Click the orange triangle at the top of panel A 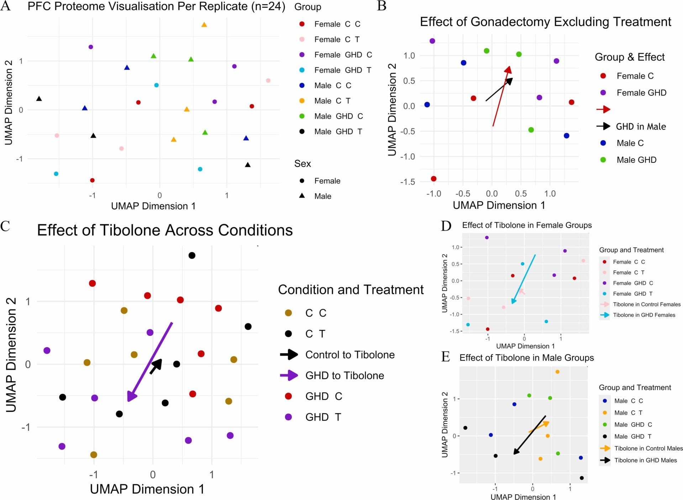pyautogui.click(x=204, y=25)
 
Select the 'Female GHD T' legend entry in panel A pyautogui.click(x=342, y=70)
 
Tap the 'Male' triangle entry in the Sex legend pyautogui.click(x=322, y=196)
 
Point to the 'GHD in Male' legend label pyautogui.click(x=641, y=126)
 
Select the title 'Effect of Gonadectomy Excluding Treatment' pyautogui.click(x=545, y=22)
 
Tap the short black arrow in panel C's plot pyautogui.click(x=156, y=366)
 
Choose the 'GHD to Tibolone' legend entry pyautogui.click(x=344, y=375)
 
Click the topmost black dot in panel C pyautogui.click(x=192, y=255)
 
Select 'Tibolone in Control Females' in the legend pyautogui.click(x=646, y=304)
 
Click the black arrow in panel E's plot pyautogui.click(x=530, y=435)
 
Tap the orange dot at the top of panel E pyautogui.click(x=557, y=372)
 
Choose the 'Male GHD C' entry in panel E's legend pyautogui.click(x=633, y=425)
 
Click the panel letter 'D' pyautogui.click(x=446, y=226)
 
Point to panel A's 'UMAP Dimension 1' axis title pyautogui.click(x=153, y=206)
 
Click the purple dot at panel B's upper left pyautogui.click(x=432, y=41)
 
